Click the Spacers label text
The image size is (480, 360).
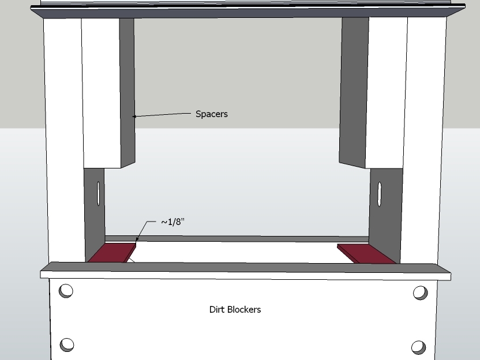[x=212, y=114]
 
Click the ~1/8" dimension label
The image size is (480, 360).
[x=172, y=222]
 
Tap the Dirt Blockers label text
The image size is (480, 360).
[x=235, y=309]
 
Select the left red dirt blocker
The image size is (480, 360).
[x=112, y=253]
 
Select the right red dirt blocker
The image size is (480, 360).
[x=366, y=253]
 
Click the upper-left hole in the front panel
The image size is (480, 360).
[x=66, y=291]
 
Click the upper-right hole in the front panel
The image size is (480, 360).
[x=421, y=292]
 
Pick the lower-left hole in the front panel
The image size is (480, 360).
[x=67, y=344]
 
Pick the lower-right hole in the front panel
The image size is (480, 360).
[x=418, y=347]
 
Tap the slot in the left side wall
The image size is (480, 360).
[x=99, y=193]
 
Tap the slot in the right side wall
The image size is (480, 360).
[x=380, y=194]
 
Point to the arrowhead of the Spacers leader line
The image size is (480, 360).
[x=134, y=117]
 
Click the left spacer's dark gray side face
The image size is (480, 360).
[x=127, y=92]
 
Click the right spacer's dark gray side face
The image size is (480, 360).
[x=354, y=92]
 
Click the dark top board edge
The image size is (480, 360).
[x=247, y=12]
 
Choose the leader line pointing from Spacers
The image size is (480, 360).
[x=162, y=114]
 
